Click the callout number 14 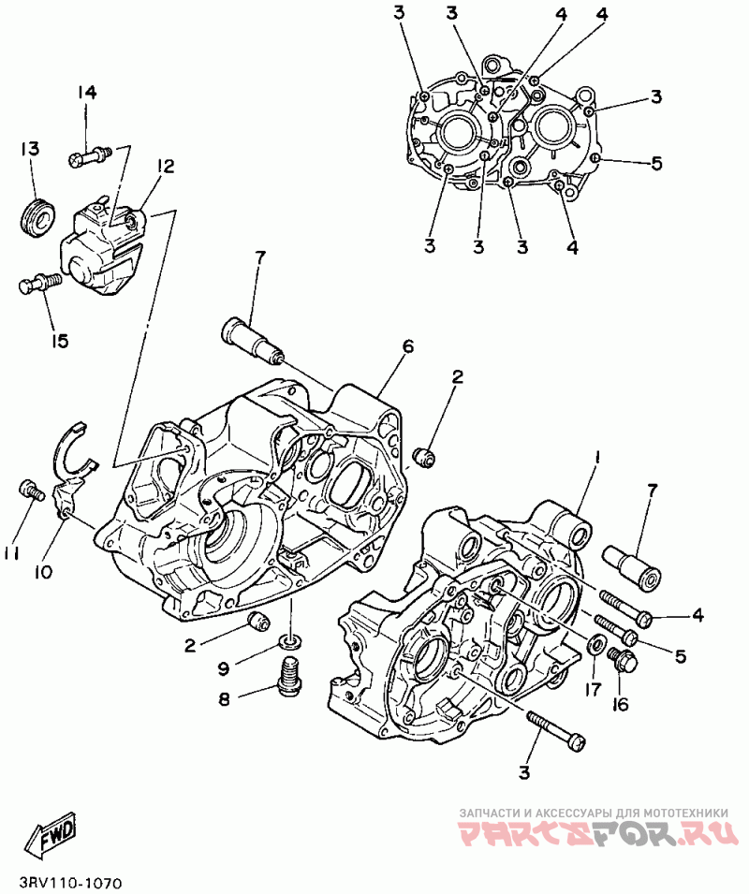coord(87,92)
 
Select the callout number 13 coord(31,149)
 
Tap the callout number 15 coord(59,341)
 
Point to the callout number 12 coord(166,167)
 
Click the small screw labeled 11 coord(31,490)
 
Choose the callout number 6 coord(408,346)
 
